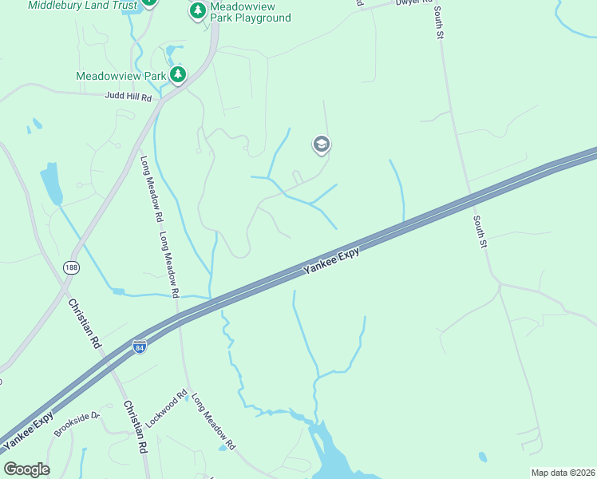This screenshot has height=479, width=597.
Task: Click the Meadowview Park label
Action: [x=121, y=77]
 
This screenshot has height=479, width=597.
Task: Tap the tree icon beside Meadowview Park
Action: [x=178, y=76]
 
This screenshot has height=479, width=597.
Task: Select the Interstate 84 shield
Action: [x=139, y=348]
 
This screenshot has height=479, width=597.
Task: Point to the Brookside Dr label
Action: [x=77, y=424]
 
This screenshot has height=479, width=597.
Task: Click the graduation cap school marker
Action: [x=322, y=144]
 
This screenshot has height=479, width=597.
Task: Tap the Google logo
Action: [x=26, y=469]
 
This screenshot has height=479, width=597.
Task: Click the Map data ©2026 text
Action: [x=563, y=473]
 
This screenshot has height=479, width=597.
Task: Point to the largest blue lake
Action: [x=328, y=451]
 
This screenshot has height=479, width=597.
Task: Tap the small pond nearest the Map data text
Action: [x=483, y=457]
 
